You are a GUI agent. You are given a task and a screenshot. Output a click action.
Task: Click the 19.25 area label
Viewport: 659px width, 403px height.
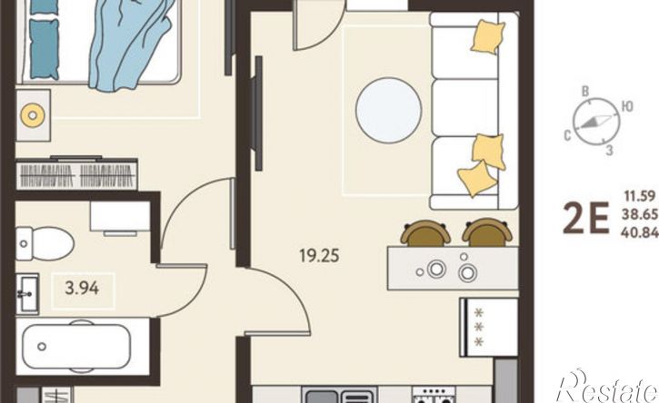click(x=319, y=255)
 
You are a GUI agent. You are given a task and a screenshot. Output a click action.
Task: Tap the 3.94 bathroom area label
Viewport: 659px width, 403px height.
click(x=83, y=288)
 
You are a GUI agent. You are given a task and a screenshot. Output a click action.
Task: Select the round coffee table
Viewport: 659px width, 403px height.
click(x=388, y=111)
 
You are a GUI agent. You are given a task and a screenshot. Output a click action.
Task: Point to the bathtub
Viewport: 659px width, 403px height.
click(x=76, y=347)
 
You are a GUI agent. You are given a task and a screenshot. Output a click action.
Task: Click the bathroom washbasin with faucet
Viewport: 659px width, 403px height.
click(x=28, y=294)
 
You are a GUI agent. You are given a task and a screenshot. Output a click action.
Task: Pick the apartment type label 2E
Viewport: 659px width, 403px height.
click(x=585, y=218)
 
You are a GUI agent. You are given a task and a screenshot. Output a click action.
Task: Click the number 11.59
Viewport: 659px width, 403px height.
click(x=640, y=196)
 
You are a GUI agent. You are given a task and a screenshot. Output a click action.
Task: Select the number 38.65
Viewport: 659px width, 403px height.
click(x=640, y=214)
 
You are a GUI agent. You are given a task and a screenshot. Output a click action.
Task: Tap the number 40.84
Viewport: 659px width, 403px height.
click(x=640, y=232)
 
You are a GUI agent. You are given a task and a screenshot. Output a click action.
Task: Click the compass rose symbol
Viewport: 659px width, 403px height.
click(x=596, y=122)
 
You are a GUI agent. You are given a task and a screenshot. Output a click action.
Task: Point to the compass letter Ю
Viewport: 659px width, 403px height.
click(x=627, y=106)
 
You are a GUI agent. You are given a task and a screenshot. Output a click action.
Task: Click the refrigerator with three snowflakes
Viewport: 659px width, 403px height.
click(x=489, y=328)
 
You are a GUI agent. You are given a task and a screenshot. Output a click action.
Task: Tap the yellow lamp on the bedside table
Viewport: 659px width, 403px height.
click(x=33, y=114)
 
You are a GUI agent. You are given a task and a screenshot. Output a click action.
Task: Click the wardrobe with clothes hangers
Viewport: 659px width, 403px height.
click(x=76, y=173)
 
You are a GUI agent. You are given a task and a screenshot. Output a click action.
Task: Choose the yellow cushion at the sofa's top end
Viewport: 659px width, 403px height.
click(x=487, y=37)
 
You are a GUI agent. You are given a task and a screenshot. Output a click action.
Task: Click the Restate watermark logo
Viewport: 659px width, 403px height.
click(x=607, y=387)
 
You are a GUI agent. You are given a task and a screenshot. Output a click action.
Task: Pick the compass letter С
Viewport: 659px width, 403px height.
click(x=567, y=135)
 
